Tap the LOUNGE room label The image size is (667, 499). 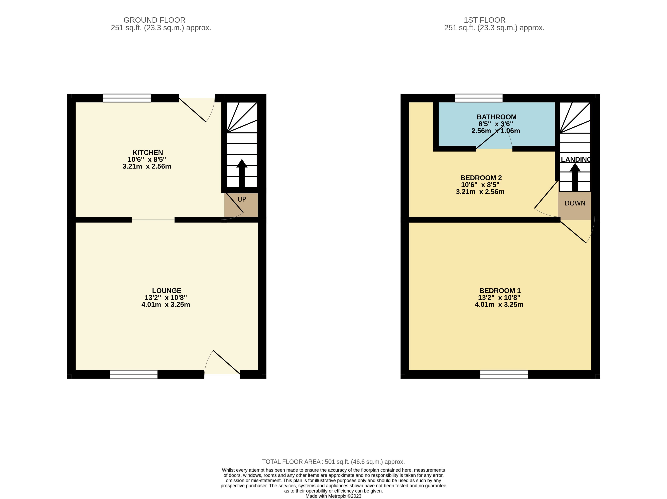pyautogui.click(x=166, y=291)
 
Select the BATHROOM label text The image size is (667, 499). pyautogui.click(x=497, y=117)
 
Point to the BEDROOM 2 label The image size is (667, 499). pyautogui.click(x=481, y=178)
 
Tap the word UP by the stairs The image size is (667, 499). pyautogui.click(x=242, y=199)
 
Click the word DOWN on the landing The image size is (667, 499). pyautogui.click(x=575, y=203)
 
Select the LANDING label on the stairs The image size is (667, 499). pyautogui.click(x=576, y=160)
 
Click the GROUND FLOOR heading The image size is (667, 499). pyautogui.click(x=154, y=20)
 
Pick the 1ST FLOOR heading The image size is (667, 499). pyautogui.click(x=485, y=20)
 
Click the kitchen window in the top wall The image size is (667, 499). pyautogui.click(x=127, y=98)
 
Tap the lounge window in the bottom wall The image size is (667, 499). pyautogui.click(x=134, y=374)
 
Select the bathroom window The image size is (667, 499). pyautogui.click(x=479, y=98)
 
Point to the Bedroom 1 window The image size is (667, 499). pyautogui.click(x=504, y=374)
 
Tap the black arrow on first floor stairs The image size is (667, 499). pyautogui.click(x=575, y=177)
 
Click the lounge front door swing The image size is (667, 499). pyautogui.click(x=223, y=364)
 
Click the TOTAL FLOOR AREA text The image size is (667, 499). pyautogui.click(x=333, y=462)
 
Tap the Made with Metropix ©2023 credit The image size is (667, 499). pyautogui.click(x=333, y=496)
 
